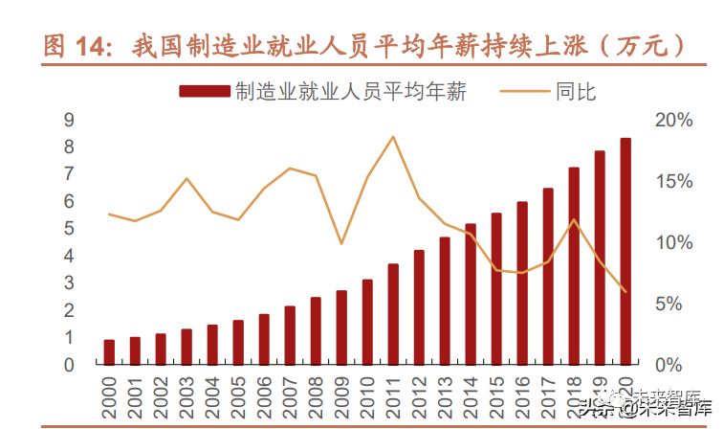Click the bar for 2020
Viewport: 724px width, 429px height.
[x=625, y=252]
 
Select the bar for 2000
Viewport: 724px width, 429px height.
[x=109, y=352]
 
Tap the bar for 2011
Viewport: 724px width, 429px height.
[x=393, y=314]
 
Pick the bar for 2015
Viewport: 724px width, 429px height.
[x=496, y=289]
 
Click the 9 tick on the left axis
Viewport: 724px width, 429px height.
[x=68, y=120]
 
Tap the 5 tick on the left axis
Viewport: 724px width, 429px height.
[x=68, y=229]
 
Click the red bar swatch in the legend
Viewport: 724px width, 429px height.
[x=205, y=92]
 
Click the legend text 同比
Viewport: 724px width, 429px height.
[x=575, y=92]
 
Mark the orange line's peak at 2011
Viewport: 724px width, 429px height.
[x=393, y=136]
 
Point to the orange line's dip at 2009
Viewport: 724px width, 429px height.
[x=341, y=244]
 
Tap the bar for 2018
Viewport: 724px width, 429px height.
[x=574, y=266]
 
